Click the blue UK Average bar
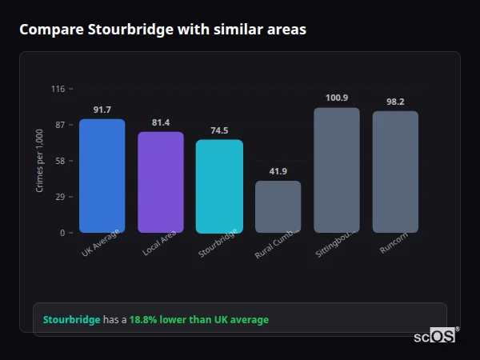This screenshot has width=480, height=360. pos(102,176)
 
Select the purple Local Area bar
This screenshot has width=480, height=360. pos(161,182)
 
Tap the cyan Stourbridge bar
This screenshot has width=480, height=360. pos(219,186)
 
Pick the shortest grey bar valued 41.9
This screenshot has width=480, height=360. pos(278,206)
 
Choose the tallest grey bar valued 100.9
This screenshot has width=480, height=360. pos(337,170)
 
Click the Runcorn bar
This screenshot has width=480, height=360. pos(395,172)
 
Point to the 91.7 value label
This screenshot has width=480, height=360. pos(102,110)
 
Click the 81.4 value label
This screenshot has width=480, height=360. pos(161,122)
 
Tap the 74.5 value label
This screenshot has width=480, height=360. pos(219,130)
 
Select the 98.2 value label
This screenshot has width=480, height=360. pos(395,102)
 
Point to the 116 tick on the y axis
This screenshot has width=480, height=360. pos(58,89)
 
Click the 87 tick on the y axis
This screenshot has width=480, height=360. pos(59,125)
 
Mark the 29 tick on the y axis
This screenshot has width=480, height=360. pos(59,197)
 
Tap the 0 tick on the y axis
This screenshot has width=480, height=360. pos(62,233)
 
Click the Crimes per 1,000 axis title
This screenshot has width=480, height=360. pos(40,161)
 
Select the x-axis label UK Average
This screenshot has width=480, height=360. pos(100,243)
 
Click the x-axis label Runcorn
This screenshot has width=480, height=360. pos(393,242)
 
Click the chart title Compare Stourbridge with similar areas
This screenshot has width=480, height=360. pos(162,29)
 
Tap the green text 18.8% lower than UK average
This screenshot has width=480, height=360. pos(199,319)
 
